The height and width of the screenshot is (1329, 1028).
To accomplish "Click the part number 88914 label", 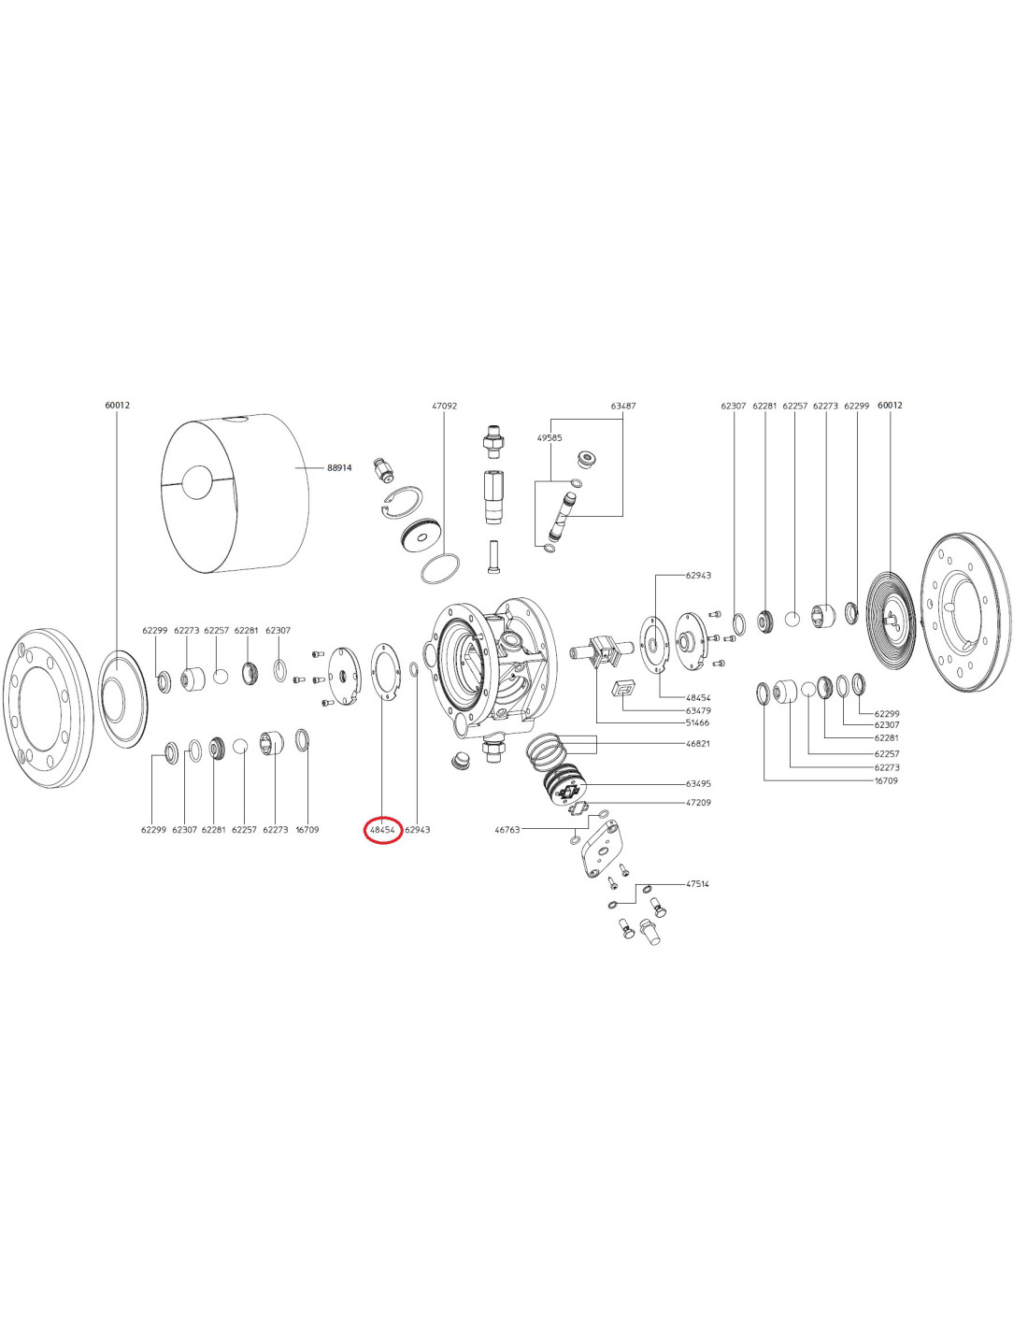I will pyautogui.click(x=338, y=467).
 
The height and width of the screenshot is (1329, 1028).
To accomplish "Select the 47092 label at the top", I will pyautogui.click(x=444, y=407).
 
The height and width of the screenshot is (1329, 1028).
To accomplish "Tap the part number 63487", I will pyautogui.click(x=623, y=407).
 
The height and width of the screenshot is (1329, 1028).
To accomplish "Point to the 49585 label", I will pyautogui.click(x=550, y=437).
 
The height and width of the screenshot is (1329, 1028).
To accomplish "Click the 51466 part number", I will pyautogui.click(x=697, y=722).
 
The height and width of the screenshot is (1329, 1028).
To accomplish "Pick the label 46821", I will pyautogui.click(x=697, y=743).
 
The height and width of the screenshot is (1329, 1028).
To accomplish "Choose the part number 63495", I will pyautogui.click(x=697, y=784).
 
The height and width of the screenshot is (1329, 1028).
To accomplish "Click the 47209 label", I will pyautogui.click(x=697, y=803).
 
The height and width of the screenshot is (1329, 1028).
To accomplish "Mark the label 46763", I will pyautogui.click(x=507, y=829).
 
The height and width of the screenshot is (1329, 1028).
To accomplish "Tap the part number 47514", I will pyautogui.click(x=697, y=883).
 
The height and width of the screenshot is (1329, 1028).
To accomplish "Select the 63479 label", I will pyautogui.click(x=697, y=710).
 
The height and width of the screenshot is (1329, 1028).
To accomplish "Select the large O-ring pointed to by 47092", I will pyautogui.click(x=440, y=568).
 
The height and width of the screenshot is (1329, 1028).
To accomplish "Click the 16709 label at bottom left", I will pyautogui.click(x=307, y=829).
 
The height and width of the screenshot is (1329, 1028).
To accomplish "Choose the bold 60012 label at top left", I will pyautogui.click(x=117, y=406).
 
